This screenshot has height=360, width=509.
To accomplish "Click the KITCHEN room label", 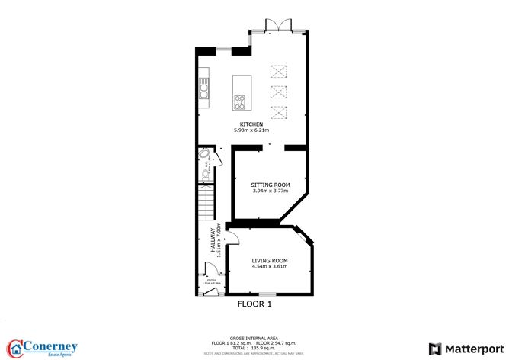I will coord(251,124).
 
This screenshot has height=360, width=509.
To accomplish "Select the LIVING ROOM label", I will coord(270,260).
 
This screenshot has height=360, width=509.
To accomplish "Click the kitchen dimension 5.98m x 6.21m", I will coord(251,130).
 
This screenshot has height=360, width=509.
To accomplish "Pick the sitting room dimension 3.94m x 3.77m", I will coord(271,191).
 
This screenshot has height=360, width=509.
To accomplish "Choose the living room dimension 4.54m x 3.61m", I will coord(270,267).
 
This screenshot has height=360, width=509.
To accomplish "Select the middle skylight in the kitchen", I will coord(277,94).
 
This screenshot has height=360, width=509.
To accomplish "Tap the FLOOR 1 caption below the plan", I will coord(254,304).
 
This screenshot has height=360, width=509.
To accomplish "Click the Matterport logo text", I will coord(467,347).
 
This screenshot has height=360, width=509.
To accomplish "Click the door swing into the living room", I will coord(235,238).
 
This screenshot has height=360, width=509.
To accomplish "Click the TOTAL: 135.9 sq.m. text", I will coord(254,347).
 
